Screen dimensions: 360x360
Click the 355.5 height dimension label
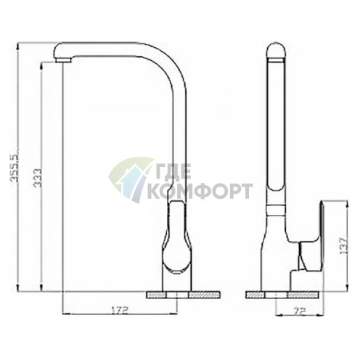pos(14,167)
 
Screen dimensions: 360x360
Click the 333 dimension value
pos(38,178)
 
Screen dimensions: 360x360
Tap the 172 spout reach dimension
pos(119,310)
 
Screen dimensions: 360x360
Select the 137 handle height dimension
pos(343,245)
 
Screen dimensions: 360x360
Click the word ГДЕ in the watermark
pos(173,172)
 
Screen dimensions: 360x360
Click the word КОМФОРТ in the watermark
pos(200,191)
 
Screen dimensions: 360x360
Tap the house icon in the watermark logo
pos(131,179)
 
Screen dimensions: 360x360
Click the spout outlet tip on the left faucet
pos(63,60)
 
